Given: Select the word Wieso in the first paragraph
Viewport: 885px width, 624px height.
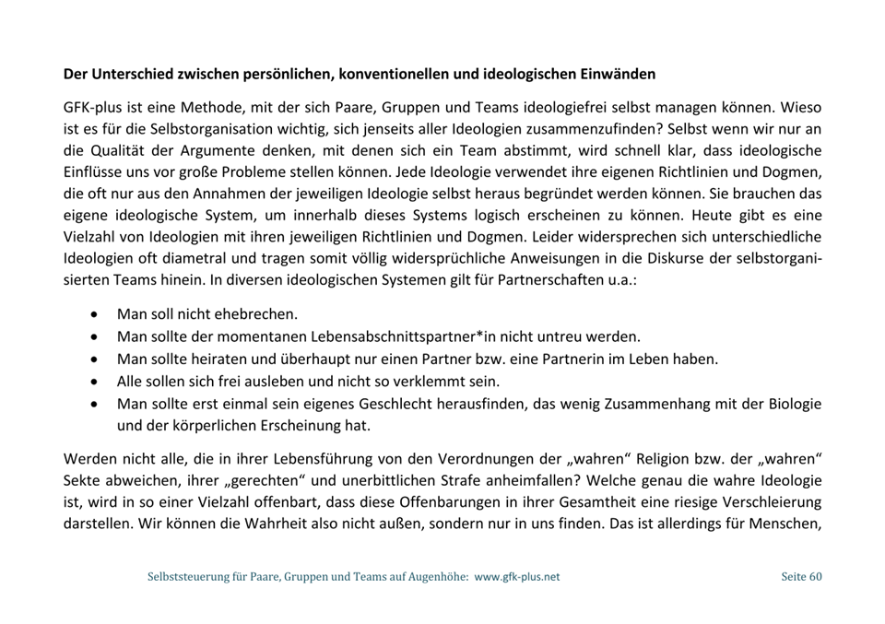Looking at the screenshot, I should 800,107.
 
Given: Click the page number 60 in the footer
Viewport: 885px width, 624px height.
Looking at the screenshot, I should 815,577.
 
